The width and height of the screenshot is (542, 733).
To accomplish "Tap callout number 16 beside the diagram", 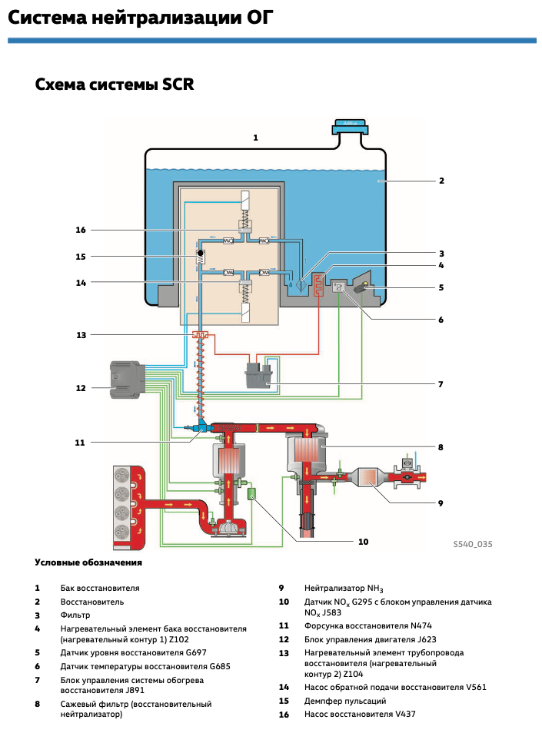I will [x=81, y=230].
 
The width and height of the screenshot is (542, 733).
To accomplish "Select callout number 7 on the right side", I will [x=442, y=384].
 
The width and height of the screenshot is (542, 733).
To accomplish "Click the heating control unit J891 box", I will [x=261, y=376].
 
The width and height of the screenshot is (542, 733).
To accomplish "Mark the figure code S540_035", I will [x=473, y=544].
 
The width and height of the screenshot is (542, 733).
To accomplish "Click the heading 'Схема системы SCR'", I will [x=115, y=84].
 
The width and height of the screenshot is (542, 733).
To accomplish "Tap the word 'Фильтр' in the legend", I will [x=75, y=615].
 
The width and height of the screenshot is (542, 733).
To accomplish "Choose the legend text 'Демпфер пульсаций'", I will [x=344, y=701].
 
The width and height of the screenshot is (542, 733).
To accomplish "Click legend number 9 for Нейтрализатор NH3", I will [x=282, y=588].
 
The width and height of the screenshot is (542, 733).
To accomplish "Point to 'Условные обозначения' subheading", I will [x=88, y=562].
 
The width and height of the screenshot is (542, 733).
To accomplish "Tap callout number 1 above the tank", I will [x=256, y=138].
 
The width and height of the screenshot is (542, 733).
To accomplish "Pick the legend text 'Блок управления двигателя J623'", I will [x=368, y=638].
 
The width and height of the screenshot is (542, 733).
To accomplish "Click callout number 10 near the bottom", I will [x=364, y=542].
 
